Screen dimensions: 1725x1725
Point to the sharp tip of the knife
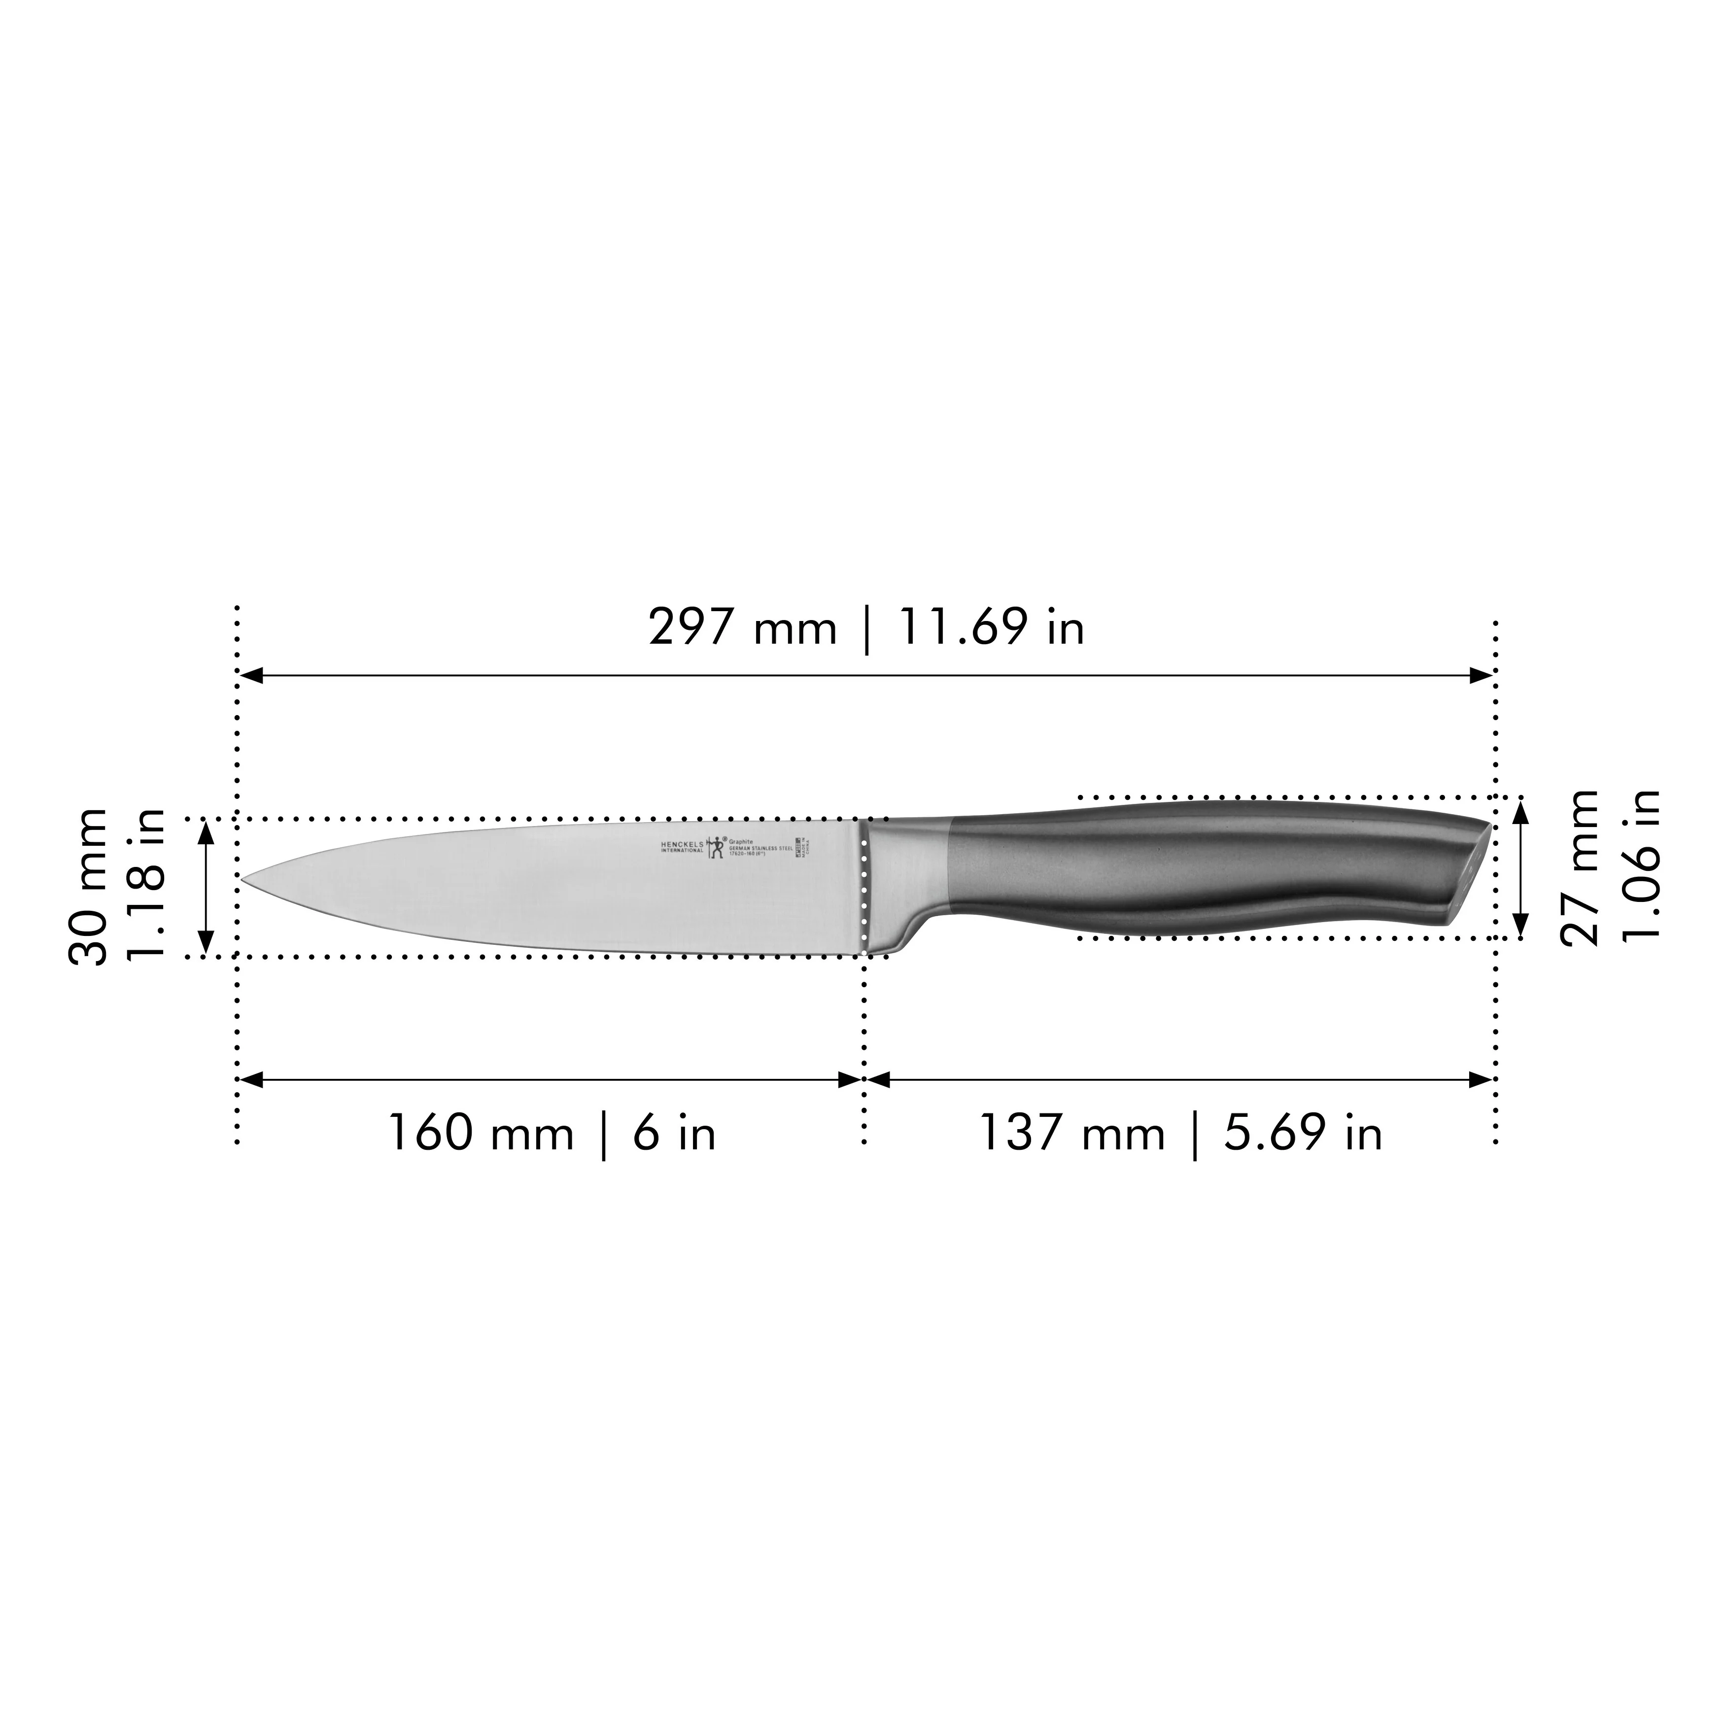tap(244, 879)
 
